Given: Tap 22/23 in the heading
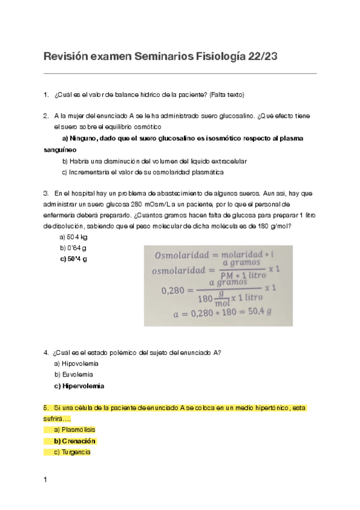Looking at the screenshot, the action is pyautogui.click(x=263, y=57).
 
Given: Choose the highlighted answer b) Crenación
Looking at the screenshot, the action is pyautogui.click(x=75, y=441).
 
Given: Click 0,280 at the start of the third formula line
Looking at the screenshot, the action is pyautogui.click(x=174, y=290).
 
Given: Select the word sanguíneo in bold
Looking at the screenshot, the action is pyautogui.click(x=60, y=150).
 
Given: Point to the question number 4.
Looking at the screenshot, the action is pyautogui.click(x=46, y=352).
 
